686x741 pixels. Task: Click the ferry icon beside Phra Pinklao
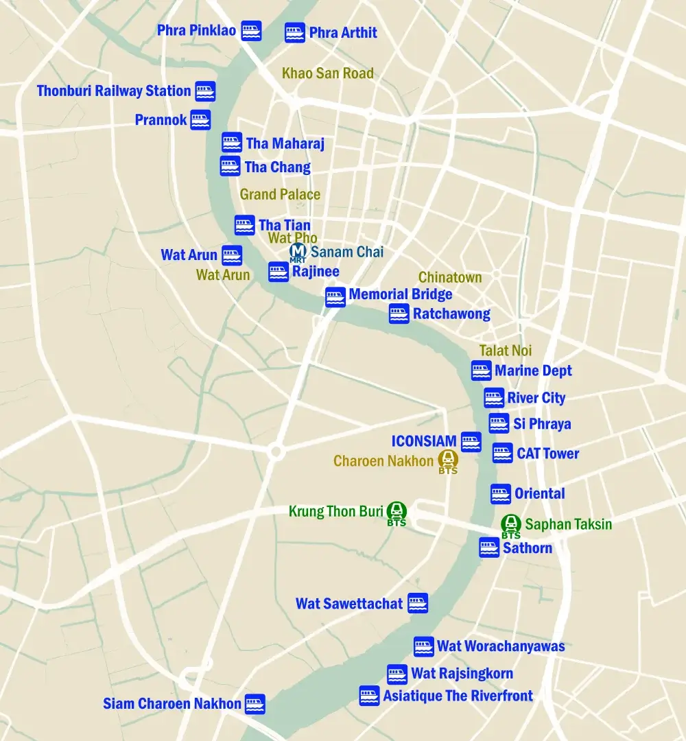coord(251,31)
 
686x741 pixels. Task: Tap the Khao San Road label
coord(328,73)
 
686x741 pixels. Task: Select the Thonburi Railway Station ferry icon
coord(205,91)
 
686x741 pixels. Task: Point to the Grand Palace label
coord(280,195)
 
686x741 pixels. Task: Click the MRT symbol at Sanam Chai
coord(298,252)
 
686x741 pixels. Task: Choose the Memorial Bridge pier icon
coord(335,297)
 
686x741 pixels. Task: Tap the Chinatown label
coord(450,278)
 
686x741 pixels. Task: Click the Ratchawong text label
coord(451,314)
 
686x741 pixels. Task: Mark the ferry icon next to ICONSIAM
coord(471,442)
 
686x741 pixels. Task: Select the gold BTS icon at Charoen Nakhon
coord(448,459)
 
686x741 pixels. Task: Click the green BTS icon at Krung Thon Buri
coord(397,510)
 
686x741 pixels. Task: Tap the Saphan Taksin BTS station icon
coord(510,524)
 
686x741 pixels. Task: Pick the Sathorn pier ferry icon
coord(489,548)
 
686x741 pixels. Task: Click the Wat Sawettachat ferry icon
coord(418,603)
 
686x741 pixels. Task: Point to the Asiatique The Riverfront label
coord(458,696)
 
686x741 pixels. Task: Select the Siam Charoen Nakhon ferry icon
coord(255,704)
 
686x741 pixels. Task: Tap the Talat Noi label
coord(505,351)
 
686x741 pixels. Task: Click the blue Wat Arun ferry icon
coord(232,255)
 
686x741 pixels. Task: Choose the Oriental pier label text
coord(540,493)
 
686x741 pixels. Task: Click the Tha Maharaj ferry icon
coord(232,143)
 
